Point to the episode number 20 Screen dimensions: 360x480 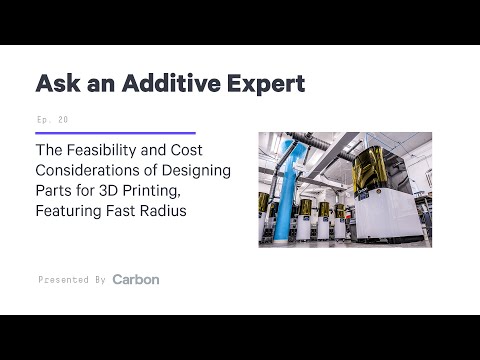(64, 119)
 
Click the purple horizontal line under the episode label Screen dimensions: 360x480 (115, 132)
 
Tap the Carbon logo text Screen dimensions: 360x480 (136, 279)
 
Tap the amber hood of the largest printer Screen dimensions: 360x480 (395, 170)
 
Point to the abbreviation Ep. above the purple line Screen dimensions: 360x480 (43, 119)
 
